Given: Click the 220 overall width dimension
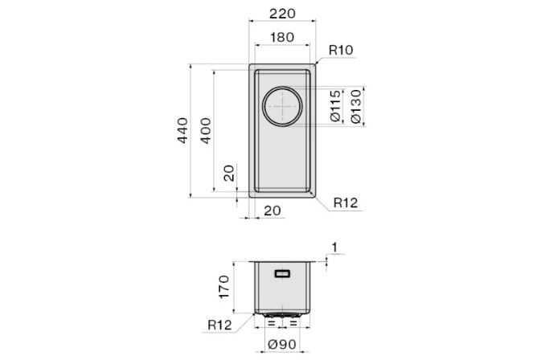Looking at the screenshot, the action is pos(282,14).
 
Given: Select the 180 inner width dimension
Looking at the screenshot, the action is pos(282,37).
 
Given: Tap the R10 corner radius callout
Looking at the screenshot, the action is pos(341,50).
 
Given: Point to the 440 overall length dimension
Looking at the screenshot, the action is pos(182,130).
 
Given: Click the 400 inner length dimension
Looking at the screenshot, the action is pos(206,131).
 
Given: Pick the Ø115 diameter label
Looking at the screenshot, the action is pos(335,106).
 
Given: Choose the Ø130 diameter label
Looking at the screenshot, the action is pos(356,106).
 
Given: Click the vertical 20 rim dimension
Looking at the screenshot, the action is pos(229,173).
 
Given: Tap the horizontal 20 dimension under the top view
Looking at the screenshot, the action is pos(273,211).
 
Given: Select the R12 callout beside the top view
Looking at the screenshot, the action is pos(346,202).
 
